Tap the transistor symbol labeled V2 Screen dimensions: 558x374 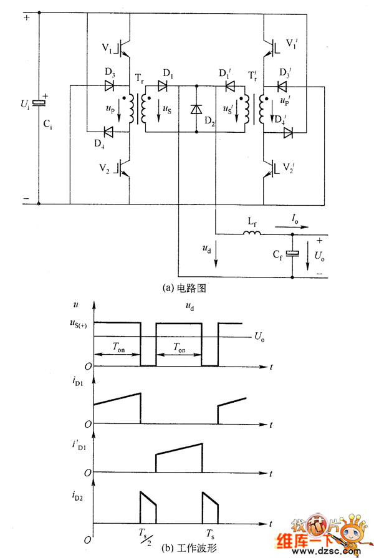point(124,168)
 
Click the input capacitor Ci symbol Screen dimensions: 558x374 point(39,103)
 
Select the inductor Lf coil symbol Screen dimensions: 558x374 point(252,234)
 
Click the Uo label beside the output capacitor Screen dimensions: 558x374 point(319,256)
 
